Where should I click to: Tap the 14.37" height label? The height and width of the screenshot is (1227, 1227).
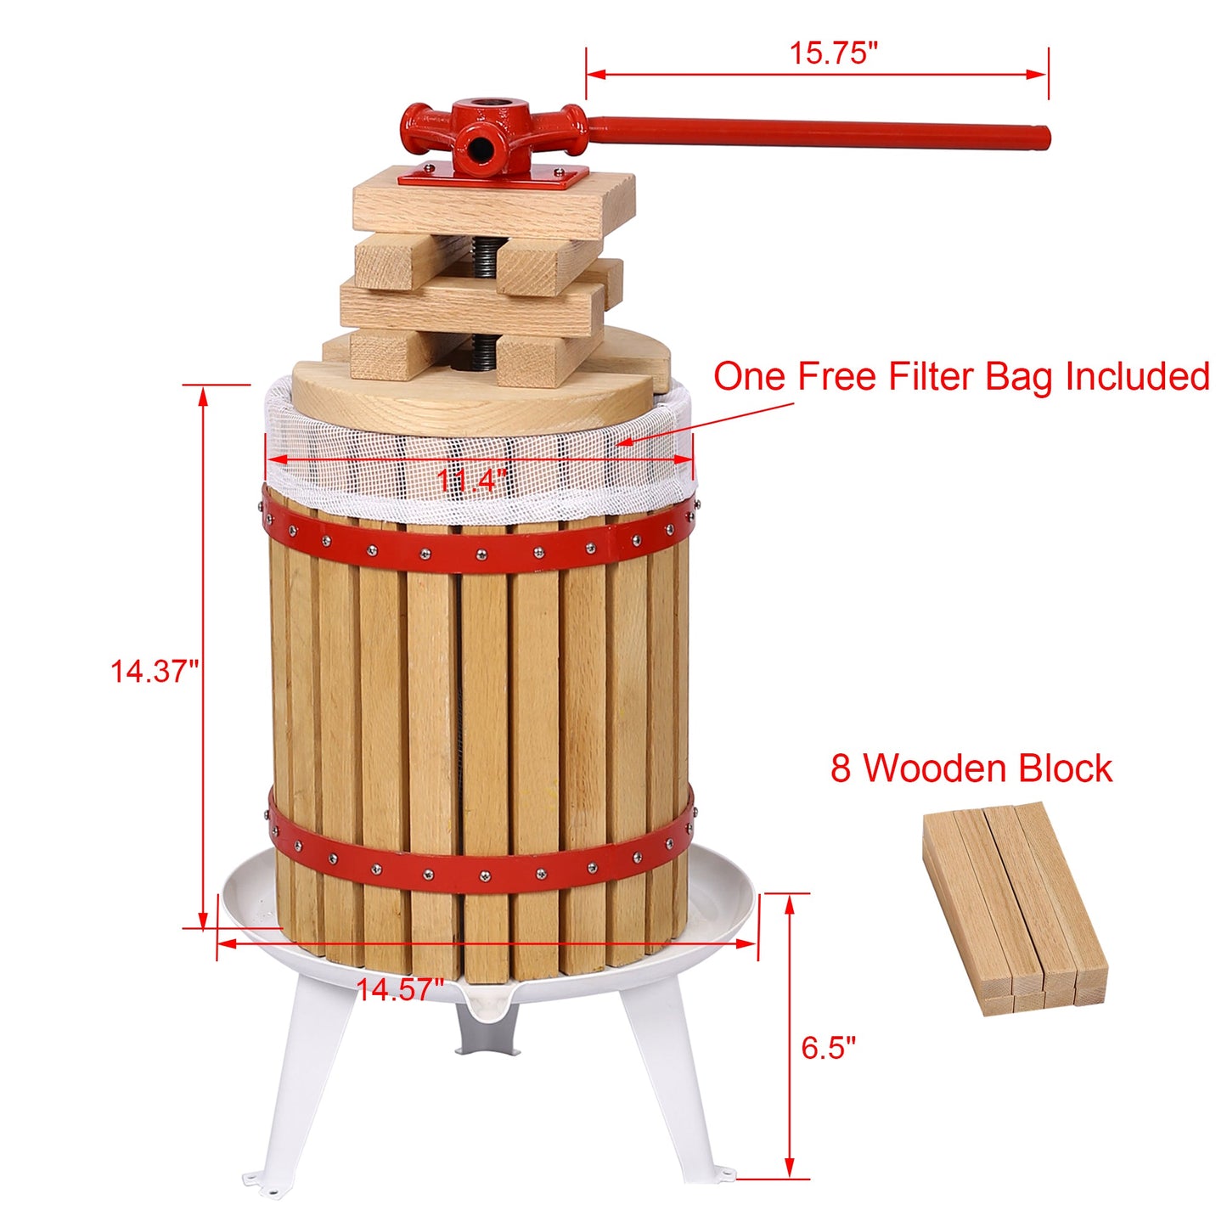(x=154, y=671)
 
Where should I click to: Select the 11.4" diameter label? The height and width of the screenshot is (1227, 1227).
(x=471, y=481)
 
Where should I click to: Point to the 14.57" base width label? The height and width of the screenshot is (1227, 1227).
(x=399, y=988)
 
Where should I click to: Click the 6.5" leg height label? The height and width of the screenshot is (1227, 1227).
(x=829, y=1047)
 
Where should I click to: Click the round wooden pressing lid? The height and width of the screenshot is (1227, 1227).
(x=476, y=399)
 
